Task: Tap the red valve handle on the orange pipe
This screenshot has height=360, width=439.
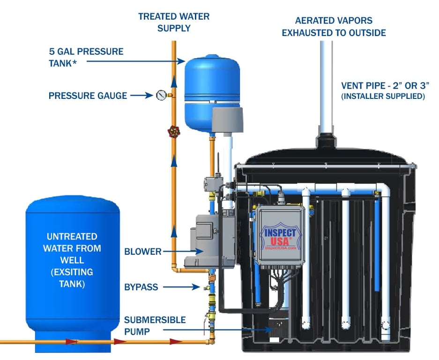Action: pyautogui.click(x=174, y=131)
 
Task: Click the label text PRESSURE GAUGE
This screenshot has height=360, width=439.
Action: pyautogui.click(x=88, y=96)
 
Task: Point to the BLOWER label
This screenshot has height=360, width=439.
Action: pyautogui.click(x=143, y=252)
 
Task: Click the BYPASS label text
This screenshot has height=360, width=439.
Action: pyautogui.click(x=141, y=287)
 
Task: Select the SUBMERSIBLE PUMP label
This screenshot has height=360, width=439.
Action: pyautogui.click(x=155, y=325)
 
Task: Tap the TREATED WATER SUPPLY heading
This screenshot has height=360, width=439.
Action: pyautogui.click(x=174, y=22)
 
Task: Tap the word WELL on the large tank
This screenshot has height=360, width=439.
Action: pyautogui.click(x=72, y=260)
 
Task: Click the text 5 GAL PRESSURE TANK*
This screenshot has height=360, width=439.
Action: pyautogui.click(x=86, y=57)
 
